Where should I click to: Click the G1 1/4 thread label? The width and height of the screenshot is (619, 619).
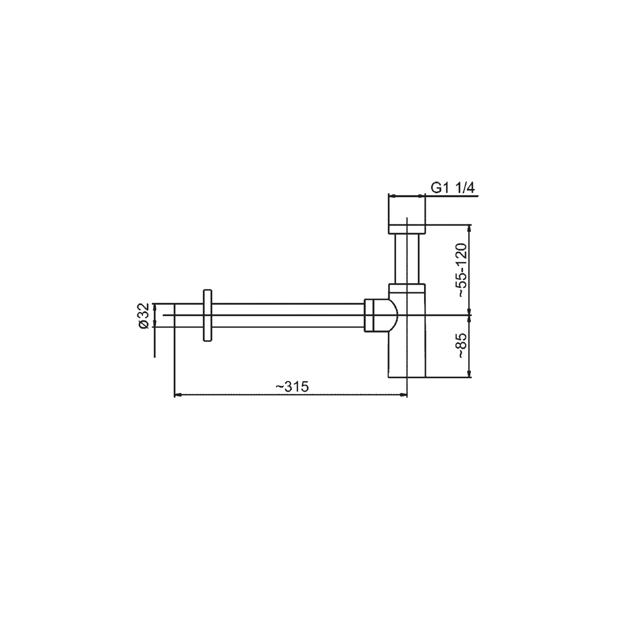[x=452, y=188]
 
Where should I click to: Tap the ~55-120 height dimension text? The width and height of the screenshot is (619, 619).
[x=462, y=270]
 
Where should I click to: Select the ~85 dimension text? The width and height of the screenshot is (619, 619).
[x=462, y=346]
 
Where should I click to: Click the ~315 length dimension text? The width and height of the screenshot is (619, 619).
[x=292, y=386]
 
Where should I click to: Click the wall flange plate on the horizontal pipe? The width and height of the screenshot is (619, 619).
[x=207, y=316]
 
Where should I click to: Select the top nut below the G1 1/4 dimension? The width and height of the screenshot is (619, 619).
[x=407, y=229]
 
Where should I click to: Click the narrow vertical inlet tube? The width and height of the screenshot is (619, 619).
[x=407, y=258]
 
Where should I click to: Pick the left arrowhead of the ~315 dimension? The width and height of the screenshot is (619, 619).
[x=177, y=395]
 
